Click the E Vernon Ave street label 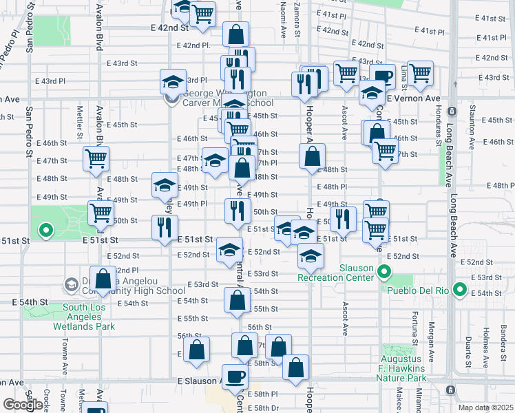point(412,98)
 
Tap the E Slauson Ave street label point(197,381)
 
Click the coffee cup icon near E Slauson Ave point(236,377)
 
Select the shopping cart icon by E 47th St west point(95,158)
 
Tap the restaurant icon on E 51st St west point(165,226)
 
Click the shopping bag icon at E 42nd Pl point(235,34)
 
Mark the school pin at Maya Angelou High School point(71,284)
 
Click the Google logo point(23,405)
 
